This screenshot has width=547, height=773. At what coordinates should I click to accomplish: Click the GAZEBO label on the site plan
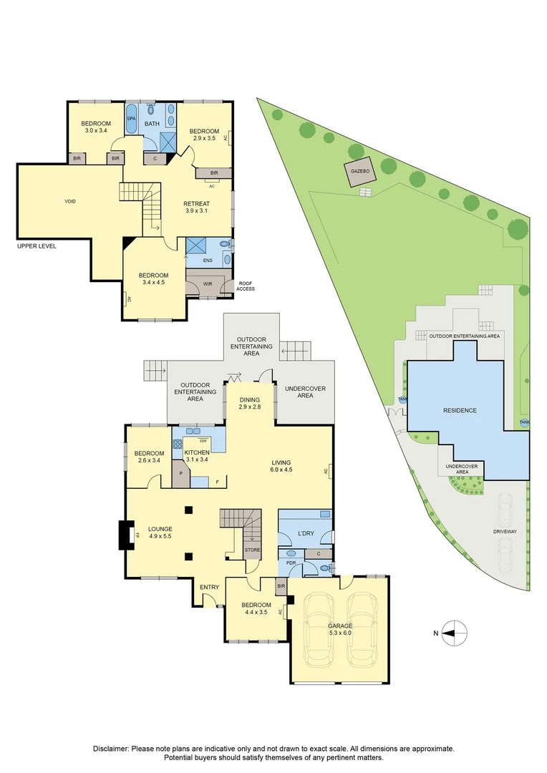coord(359,172)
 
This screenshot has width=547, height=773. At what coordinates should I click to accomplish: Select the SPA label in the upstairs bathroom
coord(131,118)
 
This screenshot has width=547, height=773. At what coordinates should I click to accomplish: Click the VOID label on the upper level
coord(70,201)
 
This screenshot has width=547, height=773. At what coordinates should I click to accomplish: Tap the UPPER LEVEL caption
coord(37,246)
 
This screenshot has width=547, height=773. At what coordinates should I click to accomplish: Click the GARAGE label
coord(340,626)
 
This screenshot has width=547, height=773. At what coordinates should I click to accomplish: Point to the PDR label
coord(291,563)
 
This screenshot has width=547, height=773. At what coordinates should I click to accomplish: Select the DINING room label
coord(249,400)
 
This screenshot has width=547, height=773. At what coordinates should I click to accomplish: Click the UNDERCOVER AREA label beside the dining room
coord(305,392)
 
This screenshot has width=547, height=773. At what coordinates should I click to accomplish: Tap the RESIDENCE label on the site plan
coord(460,410)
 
